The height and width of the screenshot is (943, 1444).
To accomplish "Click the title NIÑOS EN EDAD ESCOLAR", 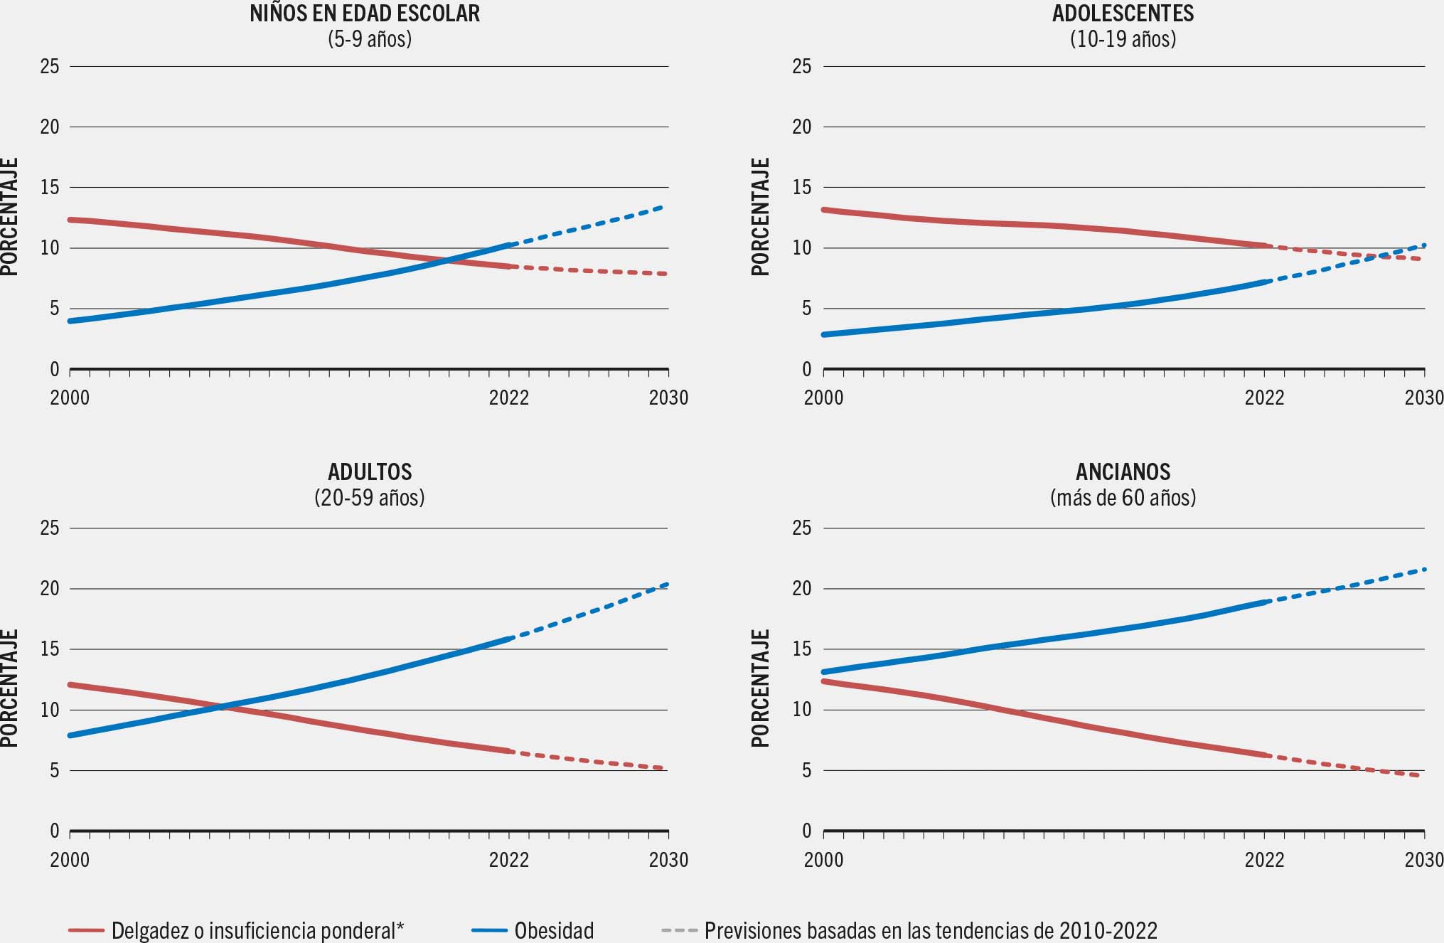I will pos(365,14).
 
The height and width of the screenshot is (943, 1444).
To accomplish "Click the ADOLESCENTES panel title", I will pos(1123,14).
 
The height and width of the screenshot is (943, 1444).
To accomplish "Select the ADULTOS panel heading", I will pos(370,472).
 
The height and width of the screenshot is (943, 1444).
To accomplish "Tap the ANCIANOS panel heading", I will pos(1123,472).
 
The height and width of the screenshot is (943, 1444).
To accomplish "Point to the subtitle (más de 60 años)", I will pos(1123,497).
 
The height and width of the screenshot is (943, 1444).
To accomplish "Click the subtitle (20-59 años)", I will pos(370,497).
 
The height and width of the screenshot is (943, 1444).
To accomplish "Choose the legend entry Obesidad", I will pos(553,930).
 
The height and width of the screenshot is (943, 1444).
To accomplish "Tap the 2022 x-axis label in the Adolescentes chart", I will pos(1264,397).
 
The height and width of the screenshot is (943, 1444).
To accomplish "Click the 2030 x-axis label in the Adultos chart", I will pos(668,860).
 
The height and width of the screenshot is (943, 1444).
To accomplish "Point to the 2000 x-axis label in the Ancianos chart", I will pos(823,860).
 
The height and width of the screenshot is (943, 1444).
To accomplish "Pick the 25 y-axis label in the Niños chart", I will pos(50,66).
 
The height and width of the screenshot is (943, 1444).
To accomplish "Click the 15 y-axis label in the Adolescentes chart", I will pos(802,188).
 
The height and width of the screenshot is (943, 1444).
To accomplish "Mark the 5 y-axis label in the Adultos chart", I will pos(55,770).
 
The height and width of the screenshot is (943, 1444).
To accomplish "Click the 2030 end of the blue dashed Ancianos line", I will pos(1423,569).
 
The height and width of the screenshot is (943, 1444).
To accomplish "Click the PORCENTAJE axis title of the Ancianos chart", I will pos(760,688).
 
